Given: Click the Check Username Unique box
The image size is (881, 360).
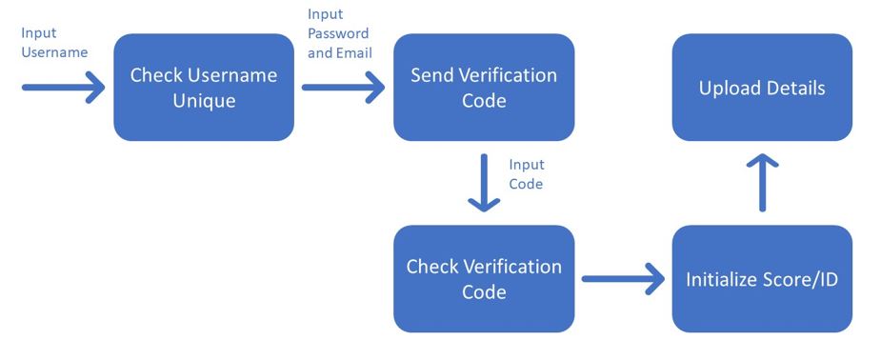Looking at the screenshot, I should pyautogui.click(x=204, y=88).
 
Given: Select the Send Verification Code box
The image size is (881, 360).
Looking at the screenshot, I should pyautogui.click(x=484, y=88).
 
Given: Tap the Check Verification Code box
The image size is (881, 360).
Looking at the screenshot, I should pyautogui.click(x=484, y=278).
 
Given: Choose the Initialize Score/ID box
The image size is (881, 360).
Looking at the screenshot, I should pyautogui.click(x=762, y=279).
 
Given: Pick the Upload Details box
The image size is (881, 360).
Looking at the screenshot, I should pyautogui.click(x=762, y=88).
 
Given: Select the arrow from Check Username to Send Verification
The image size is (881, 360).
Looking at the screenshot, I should pyautogui.click(x=343, y=88).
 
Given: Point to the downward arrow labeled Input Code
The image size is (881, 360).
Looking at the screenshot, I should pyautogui.click(x=485, y=183).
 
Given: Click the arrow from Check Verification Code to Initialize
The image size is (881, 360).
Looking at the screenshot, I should pyautogui.click(x=623, y=279).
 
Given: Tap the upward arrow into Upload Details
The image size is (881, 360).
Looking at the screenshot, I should pyautogui.click(x=762, y=183).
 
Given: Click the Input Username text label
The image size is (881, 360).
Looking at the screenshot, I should pyautogui.click(x=54, y=43).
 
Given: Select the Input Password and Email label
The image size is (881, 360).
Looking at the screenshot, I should pyautogui.click(x=339, y=33).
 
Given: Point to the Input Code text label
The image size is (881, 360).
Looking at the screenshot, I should pyautogui.click(x=526, y=174).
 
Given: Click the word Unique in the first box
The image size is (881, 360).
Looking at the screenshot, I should pyautogui.click(x=204, y=101).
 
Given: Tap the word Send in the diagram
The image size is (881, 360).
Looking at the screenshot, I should pyautogui.click(x=433, y=75).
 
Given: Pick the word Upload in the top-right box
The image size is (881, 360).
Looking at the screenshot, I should pyautogui.click(x=729, y=89).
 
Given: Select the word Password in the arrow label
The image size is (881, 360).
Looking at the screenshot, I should pyautogui.click(x=339, y=34).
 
